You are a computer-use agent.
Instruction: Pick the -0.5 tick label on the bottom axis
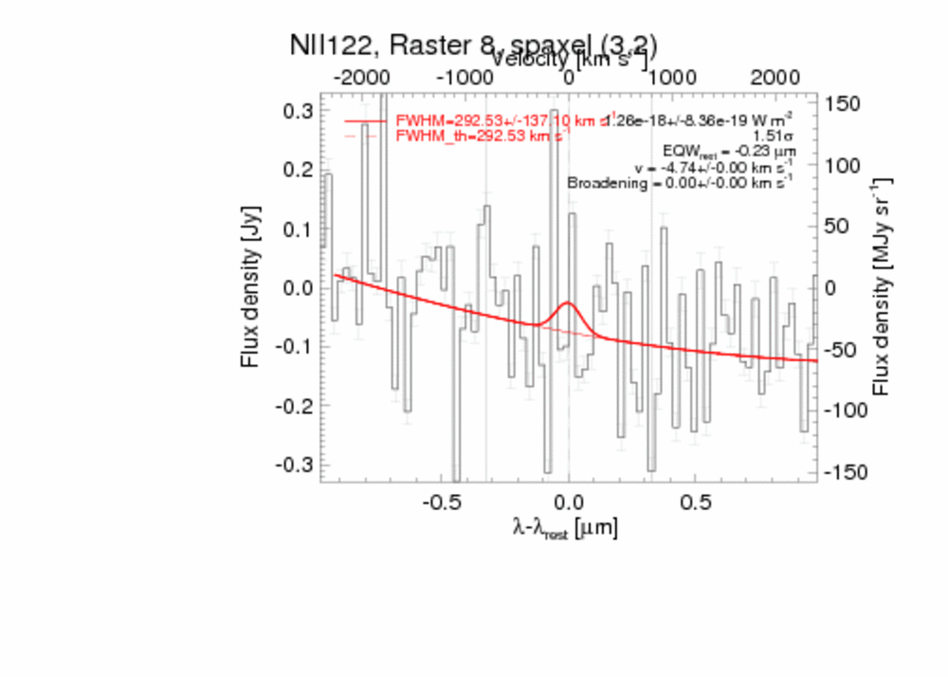point(442,501)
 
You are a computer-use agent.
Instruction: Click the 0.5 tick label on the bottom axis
point(696,501)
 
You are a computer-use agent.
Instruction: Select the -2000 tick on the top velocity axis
point(359,77)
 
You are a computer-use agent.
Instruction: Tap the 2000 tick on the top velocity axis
point(775,77)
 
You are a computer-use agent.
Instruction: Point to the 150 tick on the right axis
point(842,104)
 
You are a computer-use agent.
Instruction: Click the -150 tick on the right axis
point(846,472)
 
